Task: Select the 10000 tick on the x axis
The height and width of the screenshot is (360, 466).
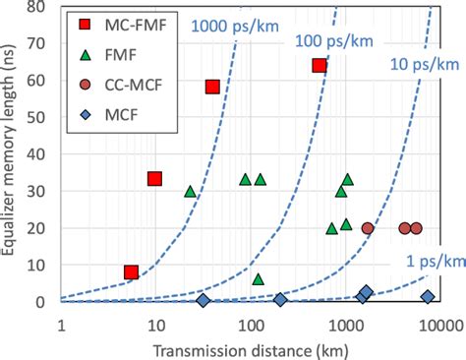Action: coord(437,321)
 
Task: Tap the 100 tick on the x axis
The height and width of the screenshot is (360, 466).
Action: coord(250,321)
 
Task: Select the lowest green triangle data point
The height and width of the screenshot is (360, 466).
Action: coord(259,279)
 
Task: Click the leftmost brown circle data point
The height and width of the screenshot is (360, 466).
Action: coord(368,228)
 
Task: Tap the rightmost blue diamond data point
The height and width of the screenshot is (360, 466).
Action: coord(428,297)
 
